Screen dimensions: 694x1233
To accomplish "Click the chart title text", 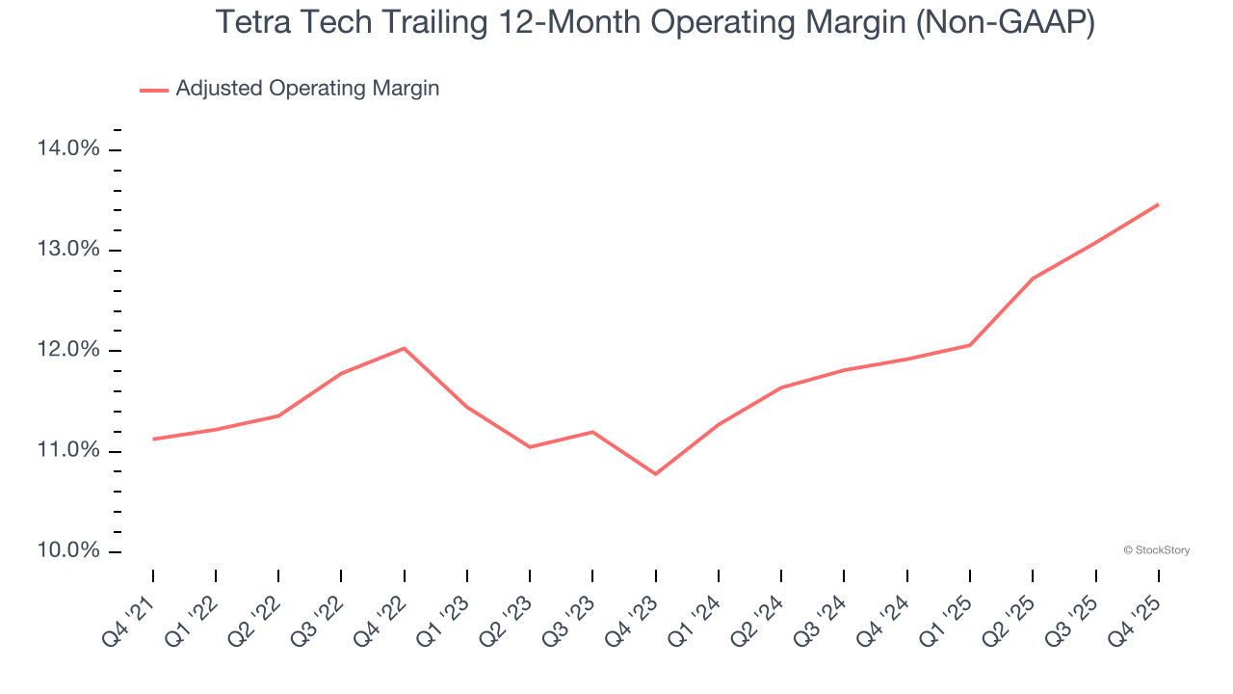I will tap(655, 22).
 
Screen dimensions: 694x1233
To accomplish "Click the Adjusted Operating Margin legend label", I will tap(307, 89).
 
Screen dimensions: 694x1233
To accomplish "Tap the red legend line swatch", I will tap(154, 90).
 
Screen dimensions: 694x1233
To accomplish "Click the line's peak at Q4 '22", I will tap(404, 348).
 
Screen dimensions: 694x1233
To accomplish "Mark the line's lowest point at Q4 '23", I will tap(655, 474).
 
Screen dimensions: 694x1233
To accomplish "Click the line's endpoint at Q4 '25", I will tap(1158, 204).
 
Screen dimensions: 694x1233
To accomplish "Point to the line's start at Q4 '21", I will tap(153, 440).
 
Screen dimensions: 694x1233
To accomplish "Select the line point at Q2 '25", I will tap(1033, 279).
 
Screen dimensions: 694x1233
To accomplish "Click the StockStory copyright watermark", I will tap(1156, 550).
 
